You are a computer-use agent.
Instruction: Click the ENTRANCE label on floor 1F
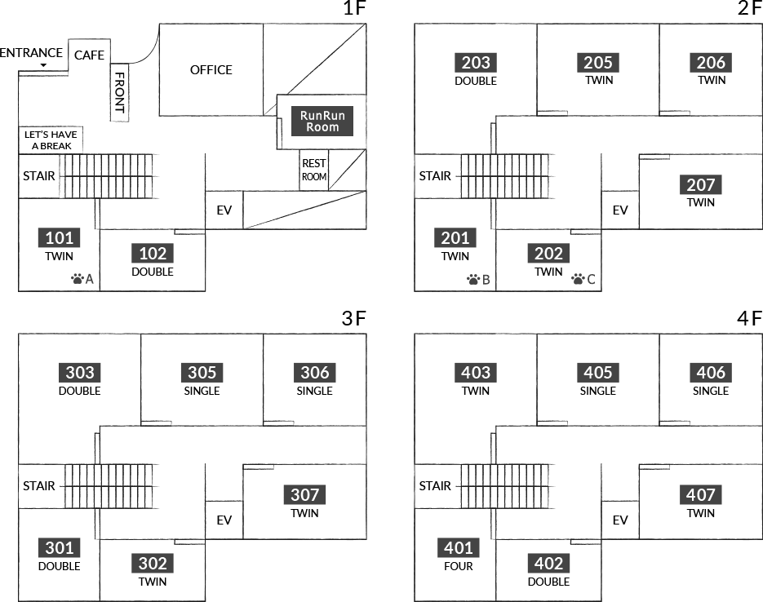(32, 53)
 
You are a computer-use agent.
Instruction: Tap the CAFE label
(89, 55)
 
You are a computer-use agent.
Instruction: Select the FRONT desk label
(120, 92)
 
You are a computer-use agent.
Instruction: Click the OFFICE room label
(211, 70)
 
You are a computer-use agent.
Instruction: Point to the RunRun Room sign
(322, 122)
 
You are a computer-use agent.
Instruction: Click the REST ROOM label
(313, 170)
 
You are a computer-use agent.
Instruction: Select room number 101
(60, 238)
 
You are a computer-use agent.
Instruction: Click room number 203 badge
(476, 63)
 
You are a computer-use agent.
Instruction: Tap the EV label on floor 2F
(620, 210)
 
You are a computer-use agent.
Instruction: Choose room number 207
(700, 185)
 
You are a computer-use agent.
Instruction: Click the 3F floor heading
(354, 319)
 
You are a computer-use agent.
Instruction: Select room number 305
(202, 373)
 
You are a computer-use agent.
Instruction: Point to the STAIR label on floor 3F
(39, 486)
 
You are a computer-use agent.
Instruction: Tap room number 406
(711, 373)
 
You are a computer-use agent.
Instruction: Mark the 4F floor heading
(749, 319)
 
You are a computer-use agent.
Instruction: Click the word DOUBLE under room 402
(548, 582)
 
